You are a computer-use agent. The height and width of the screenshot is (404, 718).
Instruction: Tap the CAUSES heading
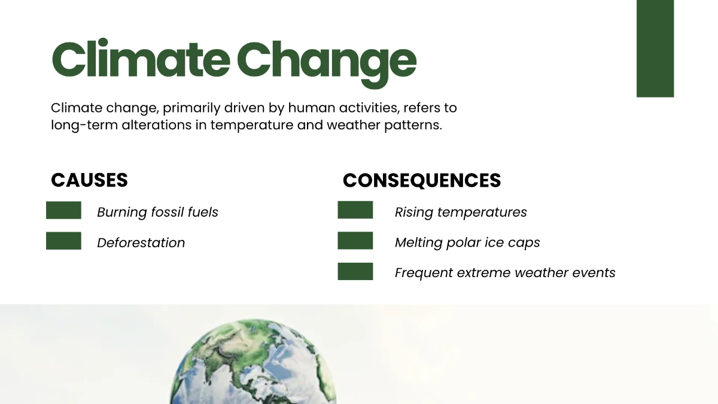coord(89,180)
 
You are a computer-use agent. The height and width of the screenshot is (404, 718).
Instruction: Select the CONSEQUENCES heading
coord(421,180)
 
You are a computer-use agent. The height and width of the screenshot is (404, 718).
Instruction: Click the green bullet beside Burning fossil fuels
coord(63,210)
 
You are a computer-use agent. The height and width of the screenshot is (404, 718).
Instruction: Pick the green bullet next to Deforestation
coord(63,241)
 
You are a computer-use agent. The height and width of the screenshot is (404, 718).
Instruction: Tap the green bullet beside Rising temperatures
coord(355,210)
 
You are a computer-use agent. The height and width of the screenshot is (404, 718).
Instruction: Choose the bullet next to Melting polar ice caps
coord(355,241)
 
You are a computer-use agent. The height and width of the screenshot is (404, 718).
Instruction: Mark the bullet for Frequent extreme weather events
coord(355,271)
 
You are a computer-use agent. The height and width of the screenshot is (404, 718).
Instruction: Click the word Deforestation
coord(141,242)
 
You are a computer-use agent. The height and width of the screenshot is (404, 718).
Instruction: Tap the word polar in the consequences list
coord(463,242)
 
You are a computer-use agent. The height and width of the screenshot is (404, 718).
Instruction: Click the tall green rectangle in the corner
coord(655,48)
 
